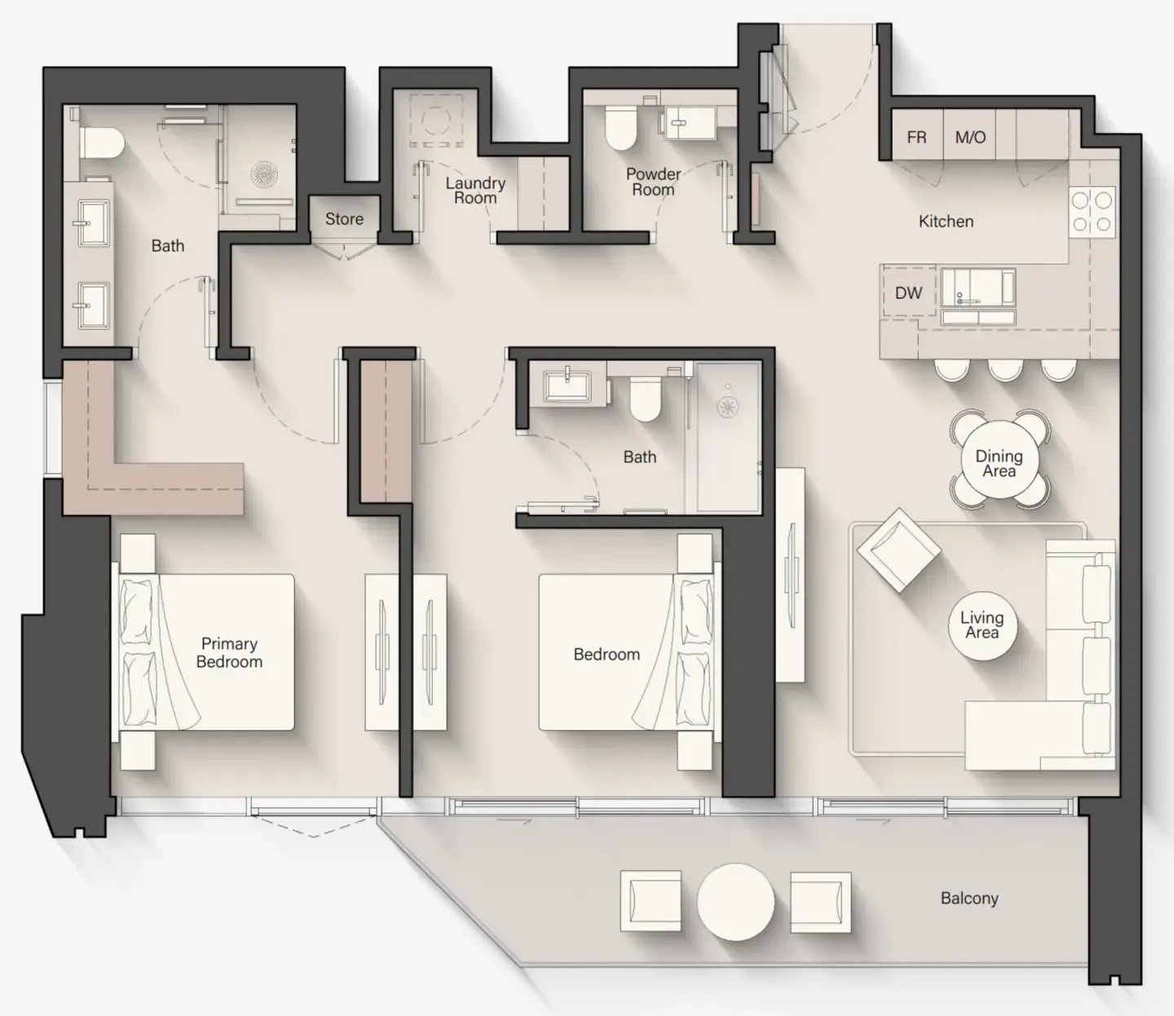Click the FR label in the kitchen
click(x=916, y=137)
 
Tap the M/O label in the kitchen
click(x=970, y=137)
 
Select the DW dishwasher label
click(x=908, y=293)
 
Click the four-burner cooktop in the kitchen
click(x=1092, y=211)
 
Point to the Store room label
click(x=344, y=219)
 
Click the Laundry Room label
click(x=475, y=190)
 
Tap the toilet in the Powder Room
click(x=621, y=129)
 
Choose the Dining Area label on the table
click(x=999, y=463)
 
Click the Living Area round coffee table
click(x=982, y=625)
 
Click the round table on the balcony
click(x=735, y=902)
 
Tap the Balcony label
click(x=969, y=898)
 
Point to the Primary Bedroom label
click(x=229, y=652)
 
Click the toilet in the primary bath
click(x=102, y=144)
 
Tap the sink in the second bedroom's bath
click(x=568, y=385)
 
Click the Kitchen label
click(x=946, y=221)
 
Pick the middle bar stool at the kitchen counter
click(x=1005, y=369)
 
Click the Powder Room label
click(x=653, y=181)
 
